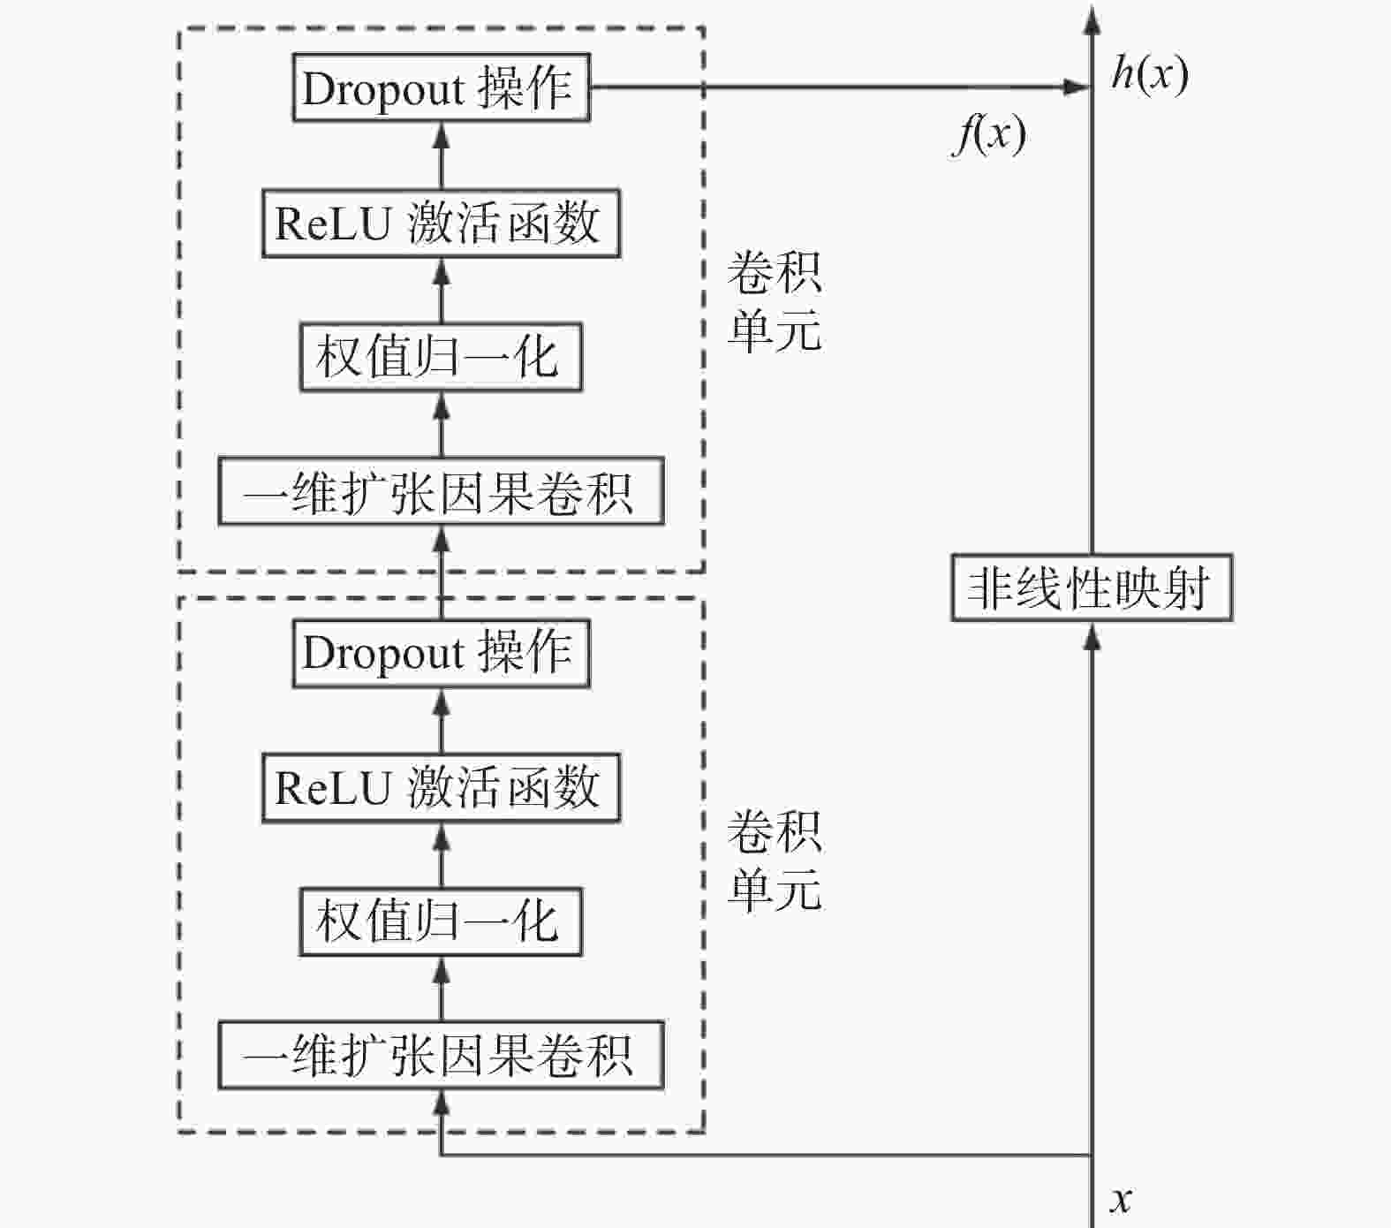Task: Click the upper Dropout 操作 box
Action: pos(441,87)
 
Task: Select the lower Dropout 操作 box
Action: pos(441,653)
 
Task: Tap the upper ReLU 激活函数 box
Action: pos(441,223)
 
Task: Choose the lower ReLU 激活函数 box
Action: pos(441,787)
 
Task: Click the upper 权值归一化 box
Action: pos(441,357)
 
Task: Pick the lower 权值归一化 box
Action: pos(441,921)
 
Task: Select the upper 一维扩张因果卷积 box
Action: pos(441,491)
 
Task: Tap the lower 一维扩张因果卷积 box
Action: pos(441,1055)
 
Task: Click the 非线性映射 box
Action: pos(1091,587)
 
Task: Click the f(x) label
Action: pos(989,134)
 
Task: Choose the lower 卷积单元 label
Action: pos(774,860)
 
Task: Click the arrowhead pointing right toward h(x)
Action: pos(1078,87)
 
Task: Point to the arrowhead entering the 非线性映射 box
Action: pos(1092,635)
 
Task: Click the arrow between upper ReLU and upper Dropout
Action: pos(442,155)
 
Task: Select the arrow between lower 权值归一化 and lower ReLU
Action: pos(442,855)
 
